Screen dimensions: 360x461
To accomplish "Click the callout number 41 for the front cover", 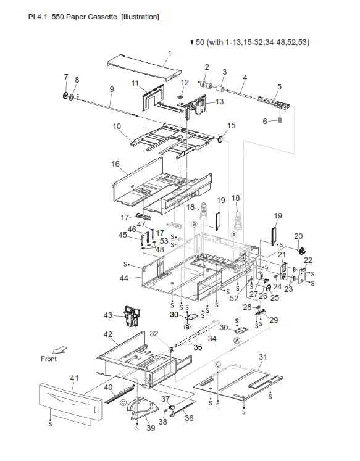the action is (75, 378).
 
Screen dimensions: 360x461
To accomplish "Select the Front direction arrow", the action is (59, 350).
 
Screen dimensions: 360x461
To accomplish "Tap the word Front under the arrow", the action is (49, 359).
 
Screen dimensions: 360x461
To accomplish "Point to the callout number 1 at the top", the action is (169, 54).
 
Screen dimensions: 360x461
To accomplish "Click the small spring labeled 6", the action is (280, 120).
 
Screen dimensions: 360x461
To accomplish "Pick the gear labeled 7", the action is (65, 96).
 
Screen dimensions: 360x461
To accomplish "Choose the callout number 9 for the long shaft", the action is (112, 89).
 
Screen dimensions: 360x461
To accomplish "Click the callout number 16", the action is (115, 164).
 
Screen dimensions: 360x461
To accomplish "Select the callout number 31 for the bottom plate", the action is (262, 357).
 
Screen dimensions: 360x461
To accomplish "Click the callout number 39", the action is (151, 428).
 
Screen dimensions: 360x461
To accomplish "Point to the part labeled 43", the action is (132, 316).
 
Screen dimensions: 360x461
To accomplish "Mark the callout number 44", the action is (124, 278).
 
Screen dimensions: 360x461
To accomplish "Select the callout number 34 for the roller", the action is (212, 338).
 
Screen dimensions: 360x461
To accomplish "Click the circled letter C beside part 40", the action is (123, 402).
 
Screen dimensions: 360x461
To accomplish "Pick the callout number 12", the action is (185, 83).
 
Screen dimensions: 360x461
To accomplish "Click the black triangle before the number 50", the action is (192, 43).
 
